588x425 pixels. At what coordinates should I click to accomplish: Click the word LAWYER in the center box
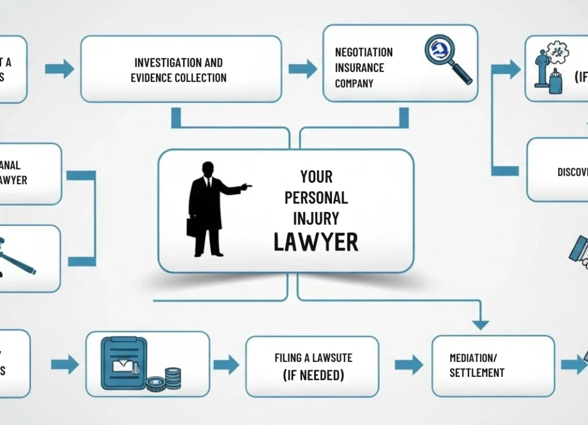(316, 242)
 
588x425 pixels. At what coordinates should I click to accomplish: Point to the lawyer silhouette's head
(208, 169)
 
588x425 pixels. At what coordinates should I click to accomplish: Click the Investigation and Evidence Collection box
(180, 69)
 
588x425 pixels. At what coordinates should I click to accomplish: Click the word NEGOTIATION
(364, 52)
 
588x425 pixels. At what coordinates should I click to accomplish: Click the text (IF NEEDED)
(313, 375)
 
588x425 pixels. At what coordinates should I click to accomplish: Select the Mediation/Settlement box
(493, 366)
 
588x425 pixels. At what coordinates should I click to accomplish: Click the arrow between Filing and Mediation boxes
(408, 364)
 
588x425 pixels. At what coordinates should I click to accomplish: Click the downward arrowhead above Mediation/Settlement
(480, 324)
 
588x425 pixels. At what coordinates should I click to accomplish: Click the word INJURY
(316, 219)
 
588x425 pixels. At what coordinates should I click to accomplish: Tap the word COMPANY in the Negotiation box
(354, 83)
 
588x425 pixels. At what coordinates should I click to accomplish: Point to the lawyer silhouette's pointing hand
(246, 187)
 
